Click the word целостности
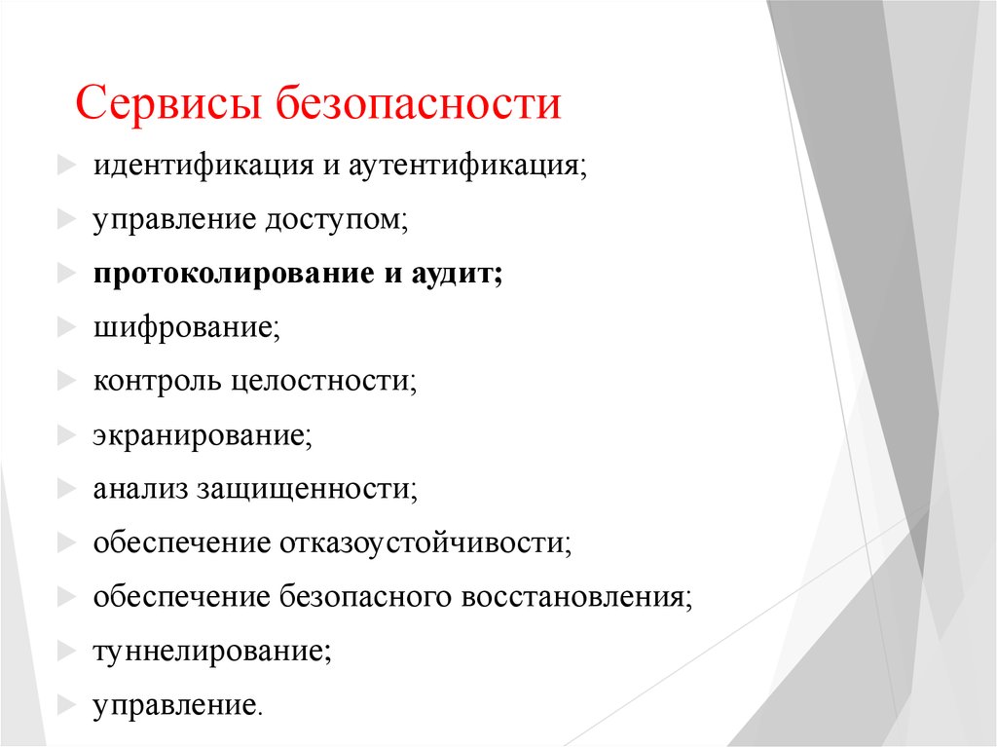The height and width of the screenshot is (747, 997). point(324,381)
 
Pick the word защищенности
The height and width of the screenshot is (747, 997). point(307,488)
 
